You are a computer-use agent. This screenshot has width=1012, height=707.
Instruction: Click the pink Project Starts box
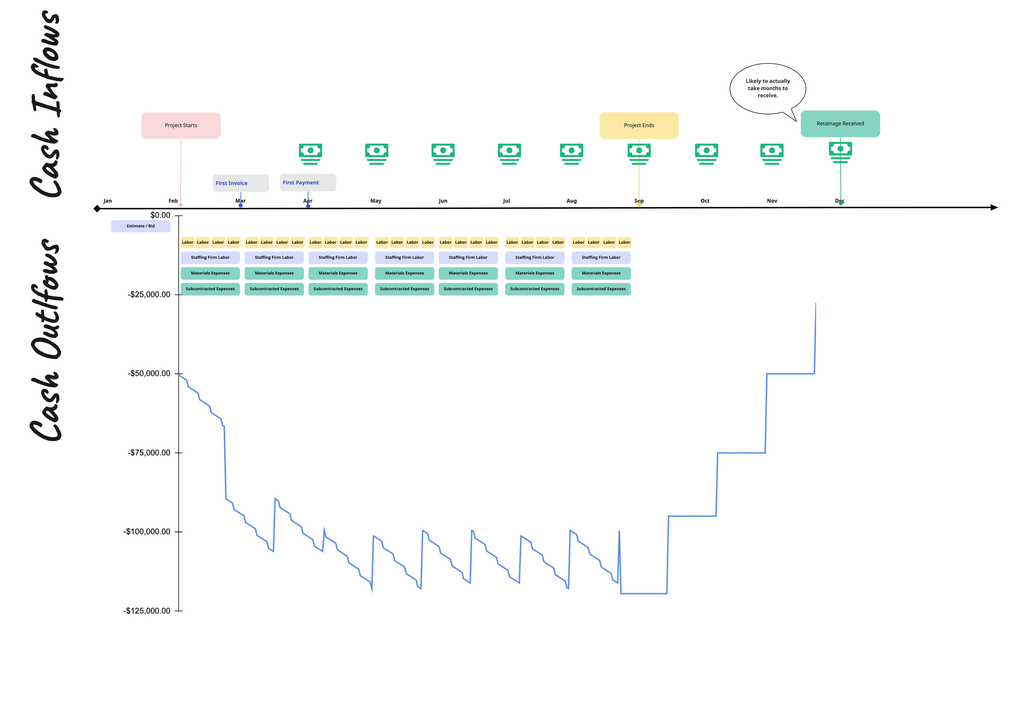point(181,126)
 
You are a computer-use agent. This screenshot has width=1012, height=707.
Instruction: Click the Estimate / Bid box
point(141,226)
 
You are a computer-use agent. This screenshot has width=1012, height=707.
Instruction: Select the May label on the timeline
point(376,201)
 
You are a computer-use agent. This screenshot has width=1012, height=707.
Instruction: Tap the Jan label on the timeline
point(108,201)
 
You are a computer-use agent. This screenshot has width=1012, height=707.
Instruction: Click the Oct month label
point(705,201)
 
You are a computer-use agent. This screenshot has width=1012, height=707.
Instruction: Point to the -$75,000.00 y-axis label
point(149,453)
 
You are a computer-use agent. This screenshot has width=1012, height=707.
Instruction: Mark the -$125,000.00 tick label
point(147,610)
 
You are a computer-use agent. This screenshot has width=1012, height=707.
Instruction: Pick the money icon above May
point(376,154)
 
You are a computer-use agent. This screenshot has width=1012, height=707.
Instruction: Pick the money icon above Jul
point(509,154)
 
